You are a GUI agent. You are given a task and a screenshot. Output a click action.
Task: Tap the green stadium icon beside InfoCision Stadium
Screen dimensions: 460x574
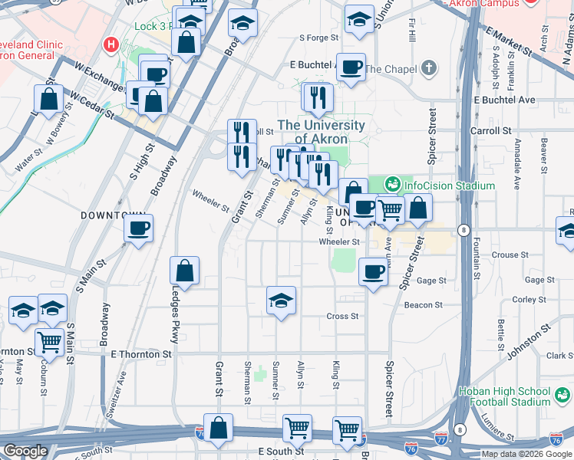pyautogui.click(x=393, y=184)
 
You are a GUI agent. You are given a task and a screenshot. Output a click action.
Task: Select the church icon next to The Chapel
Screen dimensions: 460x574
pyautogui.click(x=429, y=69)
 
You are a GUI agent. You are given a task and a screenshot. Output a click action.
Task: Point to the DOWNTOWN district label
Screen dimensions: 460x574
pyautogui.click(x=113, y=216)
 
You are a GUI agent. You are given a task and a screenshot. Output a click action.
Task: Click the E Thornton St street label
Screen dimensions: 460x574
pyautogui.click(x=141, y=354)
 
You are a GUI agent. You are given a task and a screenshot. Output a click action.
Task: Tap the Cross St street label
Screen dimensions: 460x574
pyautogui.click(x=342, y=316)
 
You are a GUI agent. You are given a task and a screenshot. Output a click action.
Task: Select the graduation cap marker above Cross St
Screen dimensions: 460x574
pyautogui.click(x=282, y=300)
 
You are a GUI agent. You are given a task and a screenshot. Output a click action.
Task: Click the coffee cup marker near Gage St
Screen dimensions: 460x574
pyautogui.click(x=374, y=271)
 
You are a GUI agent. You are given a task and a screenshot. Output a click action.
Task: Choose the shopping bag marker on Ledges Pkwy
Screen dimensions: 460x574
pyautogui.click(x=185, y=271)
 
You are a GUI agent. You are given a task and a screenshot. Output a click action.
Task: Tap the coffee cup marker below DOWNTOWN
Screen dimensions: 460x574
pyautogui.click(x=139, y=228)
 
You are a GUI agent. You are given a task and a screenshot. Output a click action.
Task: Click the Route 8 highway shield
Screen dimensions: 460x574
pyautogui.click(x=463, y=230)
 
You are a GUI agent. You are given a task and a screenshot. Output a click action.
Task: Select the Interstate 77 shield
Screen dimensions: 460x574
pyautogui.click(x=440, y=439)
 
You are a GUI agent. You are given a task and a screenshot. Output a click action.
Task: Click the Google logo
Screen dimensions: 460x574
pyautogui.click(x=25, y=451)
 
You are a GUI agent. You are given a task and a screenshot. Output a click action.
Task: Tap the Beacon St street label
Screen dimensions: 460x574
pyautogui.click(x=428, y=304)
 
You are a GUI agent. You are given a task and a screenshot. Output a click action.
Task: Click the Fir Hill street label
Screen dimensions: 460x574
pyautogui.click(x=412, y=31)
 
